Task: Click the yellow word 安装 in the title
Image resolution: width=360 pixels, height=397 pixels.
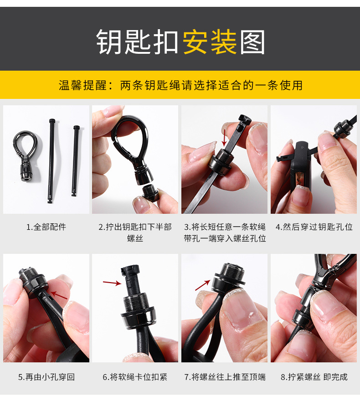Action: point(210,43)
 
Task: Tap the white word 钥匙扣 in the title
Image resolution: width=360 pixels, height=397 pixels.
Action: point(137,43)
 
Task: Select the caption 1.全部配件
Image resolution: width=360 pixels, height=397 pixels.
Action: point(46,227)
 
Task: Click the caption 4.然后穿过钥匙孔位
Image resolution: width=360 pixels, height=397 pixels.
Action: point(314,227)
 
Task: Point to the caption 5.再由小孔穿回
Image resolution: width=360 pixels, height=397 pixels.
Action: point(46,377)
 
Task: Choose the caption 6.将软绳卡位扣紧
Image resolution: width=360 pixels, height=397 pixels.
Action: point(135,377)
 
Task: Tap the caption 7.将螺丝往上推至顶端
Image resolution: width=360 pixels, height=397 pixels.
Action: point(225,377)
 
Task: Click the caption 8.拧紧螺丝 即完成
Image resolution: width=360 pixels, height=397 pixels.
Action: point(314,377)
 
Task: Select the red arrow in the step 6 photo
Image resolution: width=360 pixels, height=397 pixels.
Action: point(112,283)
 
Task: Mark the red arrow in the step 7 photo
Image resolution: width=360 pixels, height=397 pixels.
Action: point(203,285)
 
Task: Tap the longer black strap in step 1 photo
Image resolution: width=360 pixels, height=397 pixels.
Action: point(51,160)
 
